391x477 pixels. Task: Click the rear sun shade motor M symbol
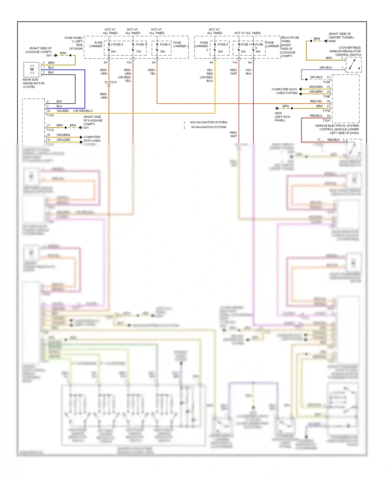(x=32, y=69)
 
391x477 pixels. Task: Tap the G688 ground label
(x=332, y=41)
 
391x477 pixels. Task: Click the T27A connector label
(x=113, y=82)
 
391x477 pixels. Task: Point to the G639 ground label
(x=278, y=113)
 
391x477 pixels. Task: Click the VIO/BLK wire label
(x=248, y=72)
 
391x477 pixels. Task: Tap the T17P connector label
(x=50, y=116)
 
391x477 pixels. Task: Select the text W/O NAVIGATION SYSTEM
(x=208, y=122)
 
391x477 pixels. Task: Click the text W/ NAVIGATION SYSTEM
(x=209, y=127)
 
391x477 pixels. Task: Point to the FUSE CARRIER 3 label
(x=181, y=44)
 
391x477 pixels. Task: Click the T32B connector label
(x=326, y=82)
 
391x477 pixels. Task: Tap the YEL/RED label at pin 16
(x=63, y=111)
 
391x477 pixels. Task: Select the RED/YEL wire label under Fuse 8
(x=152, y=72)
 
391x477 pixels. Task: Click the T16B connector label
(x=326, y=97)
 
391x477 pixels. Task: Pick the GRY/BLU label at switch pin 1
(x=326, y=68)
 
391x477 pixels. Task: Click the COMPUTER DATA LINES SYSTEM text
(x=284, y=91)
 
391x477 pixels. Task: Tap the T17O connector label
(x=50, y=130)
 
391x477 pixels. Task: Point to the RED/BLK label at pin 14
(x=316, y=116)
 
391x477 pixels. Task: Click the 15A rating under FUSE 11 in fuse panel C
(x=138, y=52)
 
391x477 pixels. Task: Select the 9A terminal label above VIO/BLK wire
(x=250, y=63)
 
